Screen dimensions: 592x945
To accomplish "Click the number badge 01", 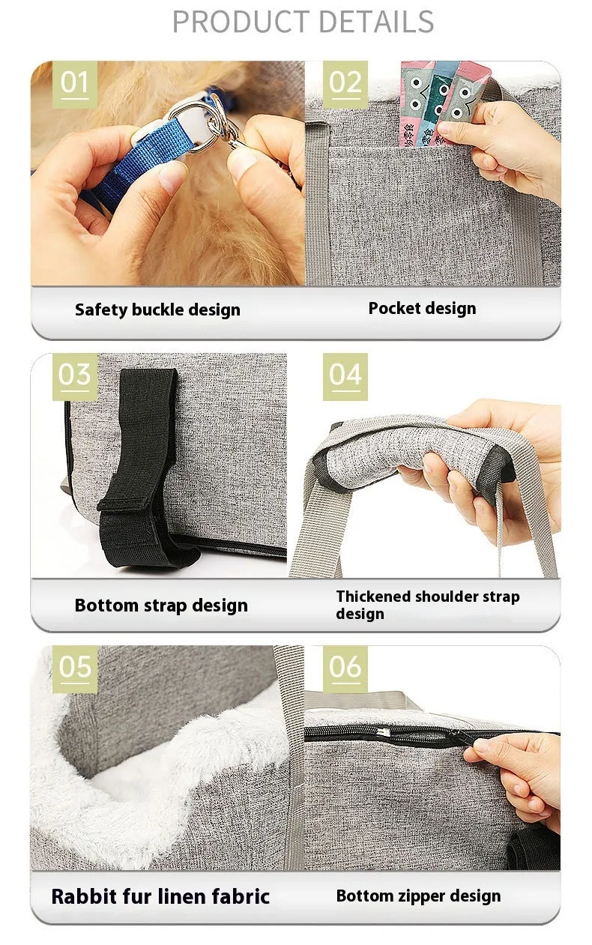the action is [x=74, y=83].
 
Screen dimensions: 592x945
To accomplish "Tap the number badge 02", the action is [x=345, y=83].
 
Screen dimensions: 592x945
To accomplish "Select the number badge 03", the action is [x=75, y=376].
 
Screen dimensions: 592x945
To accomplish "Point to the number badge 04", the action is [x=345, y=376].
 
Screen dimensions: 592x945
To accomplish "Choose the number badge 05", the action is [x=75, y=668].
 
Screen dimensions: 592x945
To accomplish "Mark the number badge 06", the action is [x=345, y=668].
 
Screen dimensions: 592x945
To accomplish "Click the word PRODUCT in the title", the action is [x=241, y=22].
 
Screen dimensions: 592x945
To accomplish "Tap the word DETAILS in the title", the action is [x=376, y=22].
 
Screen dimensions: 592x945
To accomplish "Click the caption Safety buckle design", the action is [x=157, y=310].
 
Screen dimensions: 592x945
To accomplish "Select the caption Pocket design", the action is [x=423, y=309].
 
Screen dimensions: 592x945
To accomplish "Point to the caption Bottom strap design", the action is [x=161, y=606].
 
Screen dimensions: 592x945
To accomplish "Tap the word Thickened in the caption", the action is [x=374, y=596].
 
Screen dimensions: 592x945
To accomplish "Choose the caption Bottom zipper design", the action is [x=419, y=896].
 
